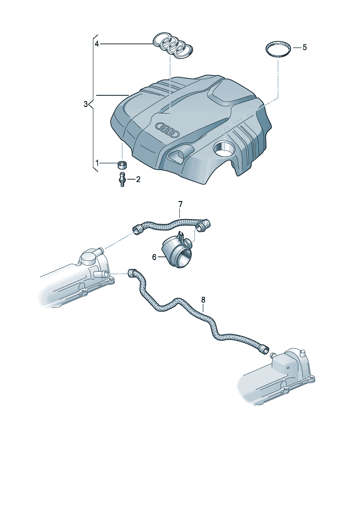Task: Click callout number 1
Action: pos(97,163)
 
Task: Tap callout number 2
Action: pos(138,180)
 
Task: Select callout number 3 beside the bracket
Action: pos(85,104)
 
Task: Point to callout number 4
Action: pos(97,44)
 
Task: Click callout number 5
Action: pos(304,48)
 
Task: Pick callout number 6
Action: pos(154,258)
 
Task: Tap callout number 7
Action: pos(180,204)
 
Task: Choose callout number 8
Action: pos(203,300)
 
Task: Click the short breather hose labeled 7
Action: pos(171,225)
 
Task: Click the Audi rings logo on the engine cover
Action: pos(167,130)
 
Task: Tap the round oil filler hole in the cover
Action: pos(224,148)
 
